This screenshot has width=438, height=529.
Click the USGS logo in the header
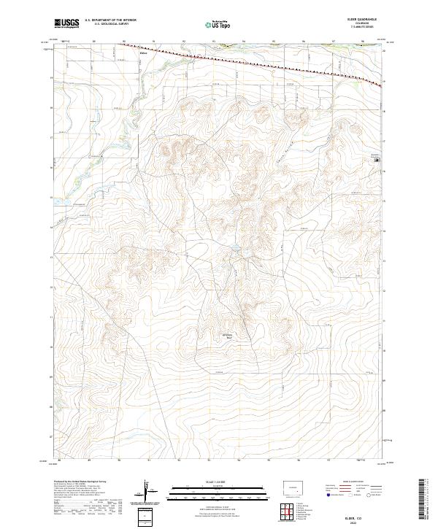pos(66,24)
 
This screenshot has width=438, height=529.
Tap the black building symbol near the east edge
pos(377,171)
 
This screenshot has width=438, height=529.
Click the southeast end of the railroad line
pos(381,85)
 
